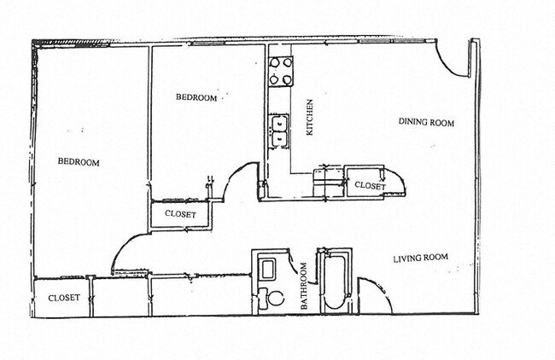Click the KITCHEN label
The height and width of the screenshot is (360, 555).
click(312, 118)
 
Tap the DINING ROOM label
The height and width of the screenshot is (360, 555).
click(426, 122)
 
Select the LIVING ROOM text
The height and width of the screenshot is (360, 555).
click(420, 258)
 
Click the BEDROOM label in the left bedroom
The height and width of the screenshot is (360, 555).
click(79, 162)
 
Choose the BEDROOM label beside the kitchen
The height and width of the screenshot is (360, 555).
click(196, 98)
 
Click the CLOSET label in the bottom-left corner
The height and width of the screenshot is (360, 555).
click(64, 298)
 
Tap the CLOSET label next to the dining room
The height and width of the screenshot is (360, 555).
click(370, 185)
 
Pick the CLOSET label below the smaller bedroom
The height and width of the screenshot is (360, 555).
click(180, 215)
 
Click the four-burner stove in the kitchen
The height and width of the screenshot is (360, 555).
click(281, 72)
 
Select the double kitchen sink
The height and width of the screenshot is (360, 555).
click(278, 131)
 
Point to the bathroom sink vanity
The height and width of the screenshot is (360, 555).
click(266, 269)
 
